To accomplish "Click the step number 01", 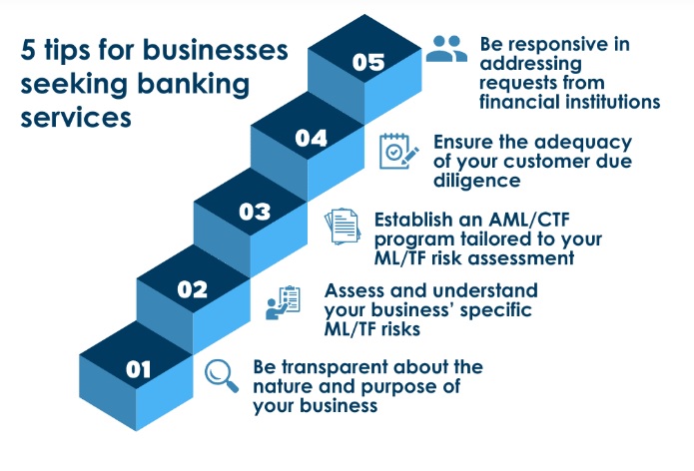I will point(138,369).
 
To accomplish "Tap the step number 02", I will point(192,290).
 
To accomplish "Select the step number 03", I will point(255,212).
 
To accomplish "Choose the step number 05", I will point(367,62).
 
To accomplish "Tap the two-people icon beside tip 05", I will point(445,49).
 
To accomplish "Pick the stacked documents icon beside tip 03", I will point(343,227).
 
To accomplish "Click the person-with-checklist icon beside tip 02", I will point(283,301).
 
